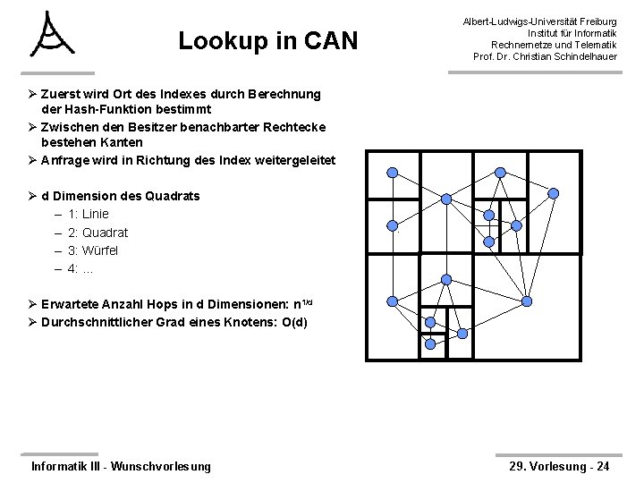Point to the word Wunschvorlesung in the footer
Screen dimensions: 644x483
(160, 465)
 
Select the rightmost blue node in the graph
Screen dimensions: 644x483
(554, 193)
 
